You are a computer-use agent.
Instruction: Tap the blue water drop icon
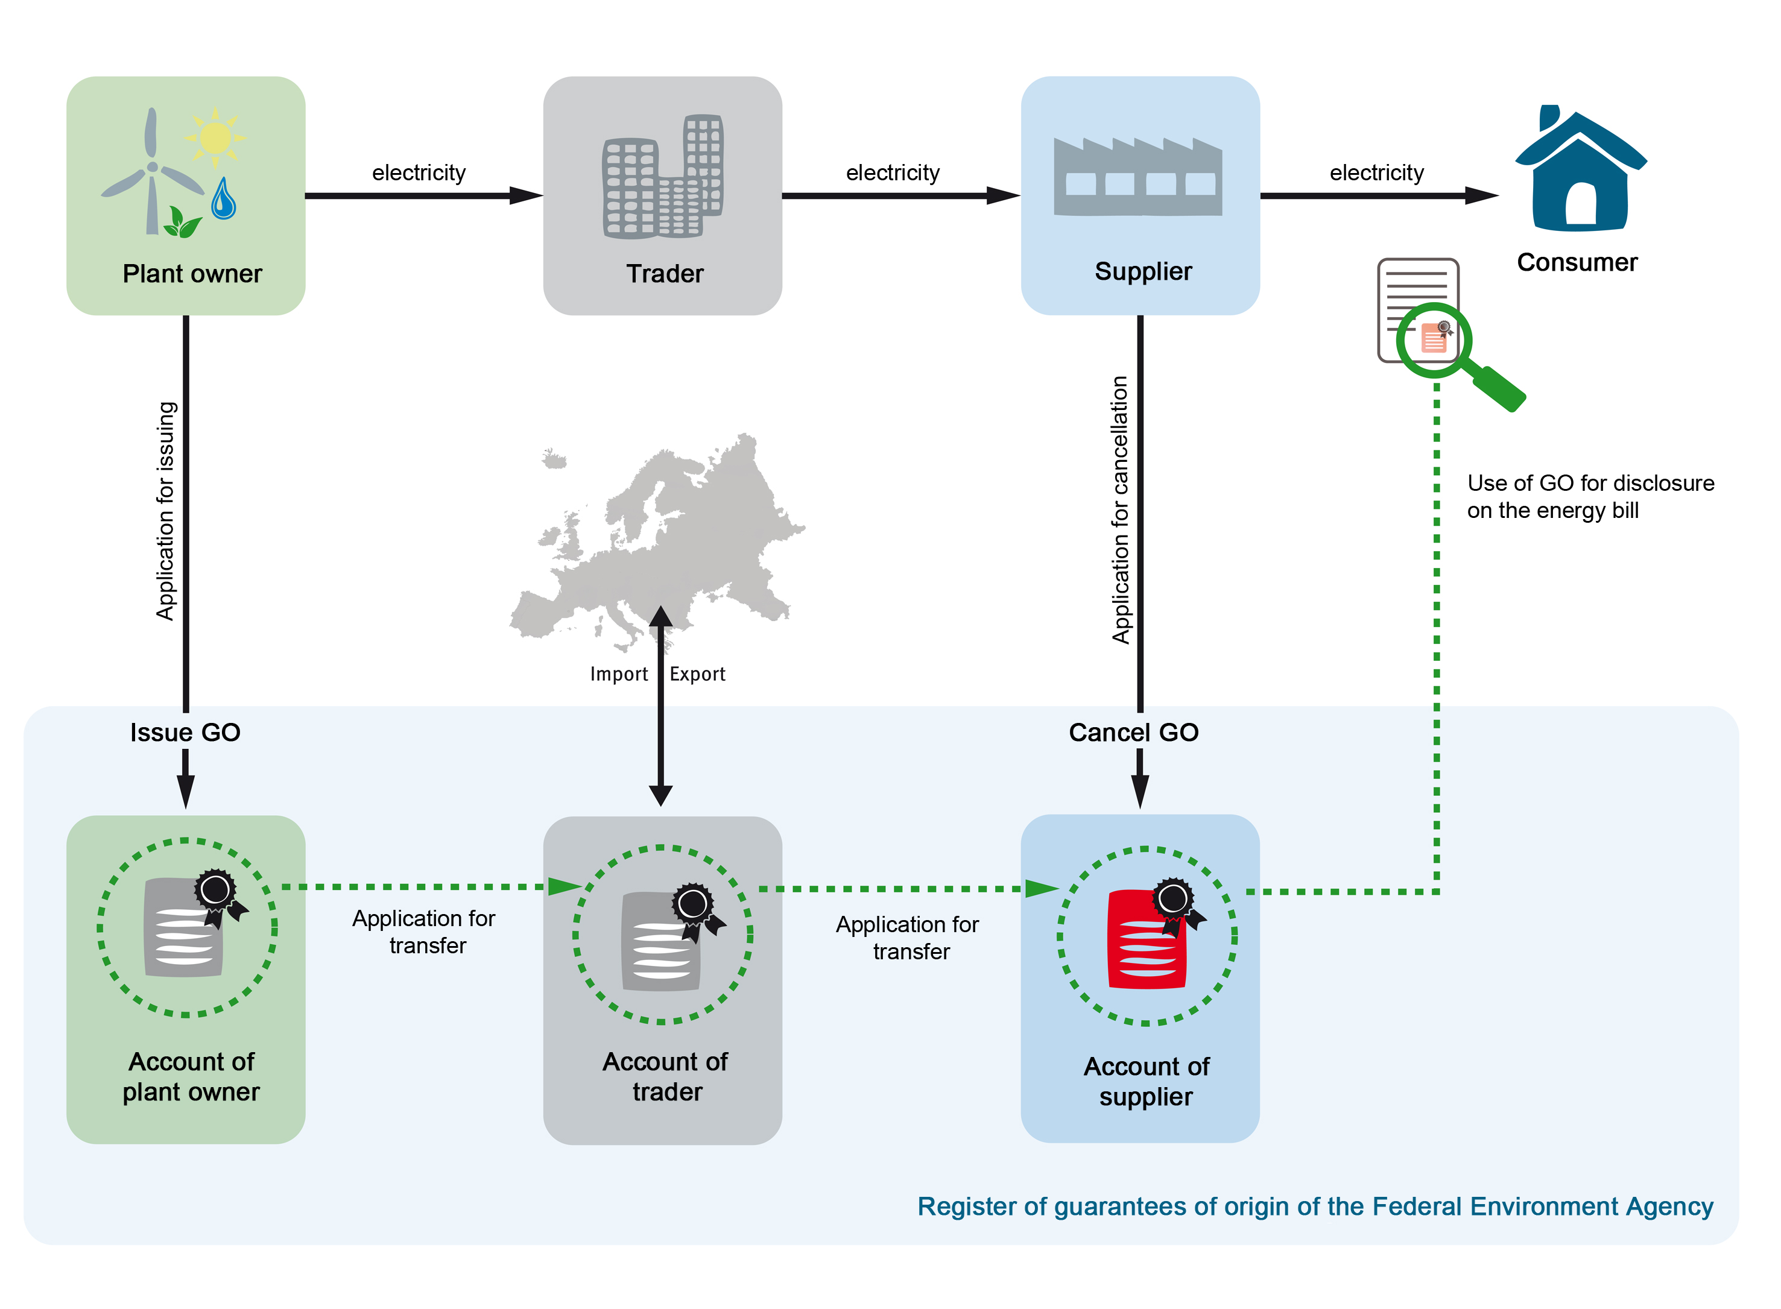(224, 200)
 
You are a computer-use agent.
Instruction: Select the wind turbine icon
(151, 171)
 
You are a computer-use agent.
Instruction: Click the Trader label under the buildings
(664, 273)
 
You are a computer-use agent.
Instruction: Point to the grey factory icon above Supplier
(1137, 177)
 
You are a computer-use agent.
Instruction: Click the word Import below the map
(618, 674)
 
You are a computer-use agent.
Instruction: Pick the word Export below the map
(697, 674)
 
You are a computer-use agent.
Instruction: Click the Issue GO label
(185, 732)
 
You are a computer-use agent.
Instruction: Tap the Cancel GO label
(1133, 732)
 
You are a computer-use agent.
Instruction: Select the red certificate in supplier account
(1147, 941)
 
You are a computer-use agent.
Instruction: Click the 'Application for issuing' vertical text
(165, 511)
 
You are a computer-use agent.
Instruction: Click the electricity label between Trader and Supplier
(893, 172)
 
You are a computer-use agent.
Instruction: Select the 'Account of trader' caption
(664, 1076)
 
